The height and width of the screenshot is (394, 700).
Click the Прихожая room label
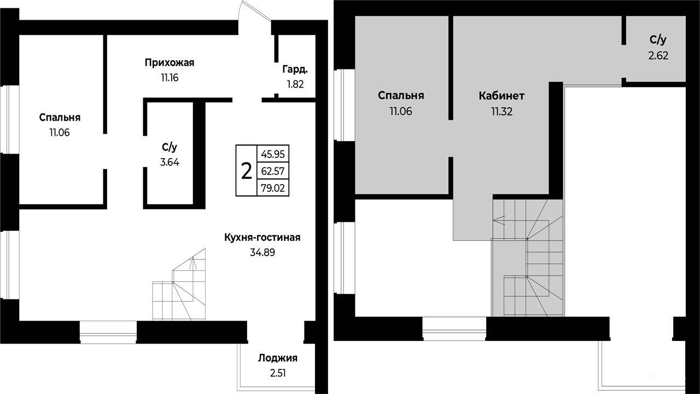point(170,63)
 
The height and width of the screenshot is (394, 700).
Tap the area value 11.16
point(170,78)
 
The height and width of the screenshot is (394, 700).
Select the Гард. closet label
point(295,69)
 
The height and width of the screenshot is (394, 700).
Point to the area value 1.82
point(295,84)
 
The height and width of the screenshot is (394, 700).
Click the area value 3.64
point(170,163)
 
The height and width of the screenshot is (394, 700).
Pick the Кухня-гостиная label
point(262,237)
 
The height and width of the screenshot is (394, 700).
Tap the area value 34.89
point(262,252)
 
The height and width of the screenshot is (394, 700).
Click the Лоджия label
point(278,358)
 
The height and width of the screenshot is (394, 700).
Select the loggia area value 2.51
point(278,373)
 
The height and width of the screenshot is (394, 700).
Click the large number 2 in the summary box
point(247,171)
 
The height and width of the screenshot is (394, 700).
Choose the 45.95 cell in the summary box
point(273,154)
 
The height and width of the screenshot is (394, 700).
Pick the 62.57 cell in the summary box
point(273,171)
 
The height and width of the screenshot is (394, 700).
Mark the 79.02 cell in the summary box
point(273,188)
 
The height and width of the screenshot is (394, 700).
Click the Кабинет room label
point(501,96)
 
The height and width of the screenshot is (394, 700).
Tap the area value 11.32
point(502,111)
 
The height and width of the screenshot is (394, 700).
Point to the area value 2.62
point(658,56)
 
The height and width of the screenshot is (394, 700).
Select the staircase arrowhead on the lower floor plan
point(193,262)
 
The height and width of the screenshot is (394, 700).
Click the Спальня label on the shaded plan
point(401,96)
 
